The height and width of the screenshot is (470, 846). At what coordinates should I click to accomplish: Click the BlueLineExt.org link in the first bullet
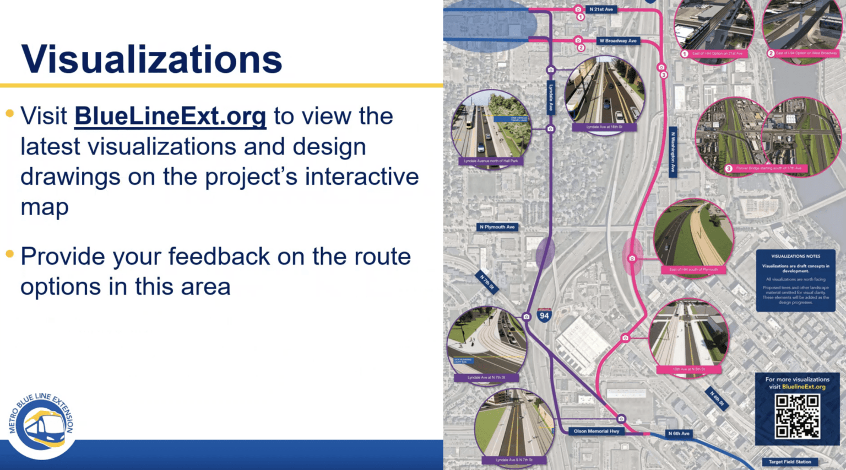point(170,116)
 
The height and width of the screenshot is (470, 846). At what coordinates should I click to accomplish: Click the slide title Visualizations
point(151,58)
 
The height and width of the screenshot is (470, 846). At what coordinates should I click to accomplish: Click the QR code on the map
point(797,416)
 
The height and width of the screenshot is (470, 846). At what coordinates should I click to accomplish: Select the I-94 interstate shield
point(544,315)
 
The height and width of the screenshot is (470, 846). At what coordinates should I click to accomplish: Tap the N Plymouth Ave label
point(497,227)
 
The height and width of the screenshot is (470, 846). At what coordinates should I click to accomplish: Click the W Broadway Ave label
point(617,41)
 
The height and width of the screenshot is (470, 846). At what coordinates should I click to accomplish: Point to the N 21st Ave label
point(601,9)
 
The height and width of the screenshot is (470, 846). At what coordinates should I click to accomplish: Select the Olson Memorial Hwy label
point(596,431)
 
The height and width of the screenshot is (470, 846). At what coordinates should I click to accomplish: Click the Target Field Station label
point(790,462)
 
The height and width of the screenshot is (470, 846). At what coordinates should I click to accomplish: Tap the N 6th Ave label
point(679,434)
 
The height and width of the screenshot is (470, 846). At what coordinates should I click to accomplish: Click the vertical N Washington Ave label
point(673,153)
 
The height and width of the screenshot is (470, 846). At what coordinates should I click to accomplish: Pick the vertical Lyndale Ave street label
point(550,98)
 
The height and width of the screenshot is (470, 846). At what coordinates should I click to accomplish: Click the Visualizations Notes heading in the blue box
point(795,257)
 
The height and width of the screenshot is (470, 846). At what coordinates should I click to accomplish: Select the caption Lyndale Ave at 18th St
point(604,127)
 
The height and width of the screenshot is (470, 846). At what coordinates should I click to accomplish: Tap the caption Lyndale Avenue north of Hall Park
point(491,161)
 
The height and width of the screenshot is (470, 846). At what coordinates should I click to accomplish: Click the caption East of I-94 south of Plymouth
point(693,270)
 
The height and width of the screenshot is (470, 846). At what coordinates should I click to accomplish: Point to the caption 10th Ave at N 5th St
point(688,369)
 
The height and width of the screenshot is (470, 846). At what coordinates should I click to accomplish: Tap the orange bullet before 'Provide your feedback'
point(9,254)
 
